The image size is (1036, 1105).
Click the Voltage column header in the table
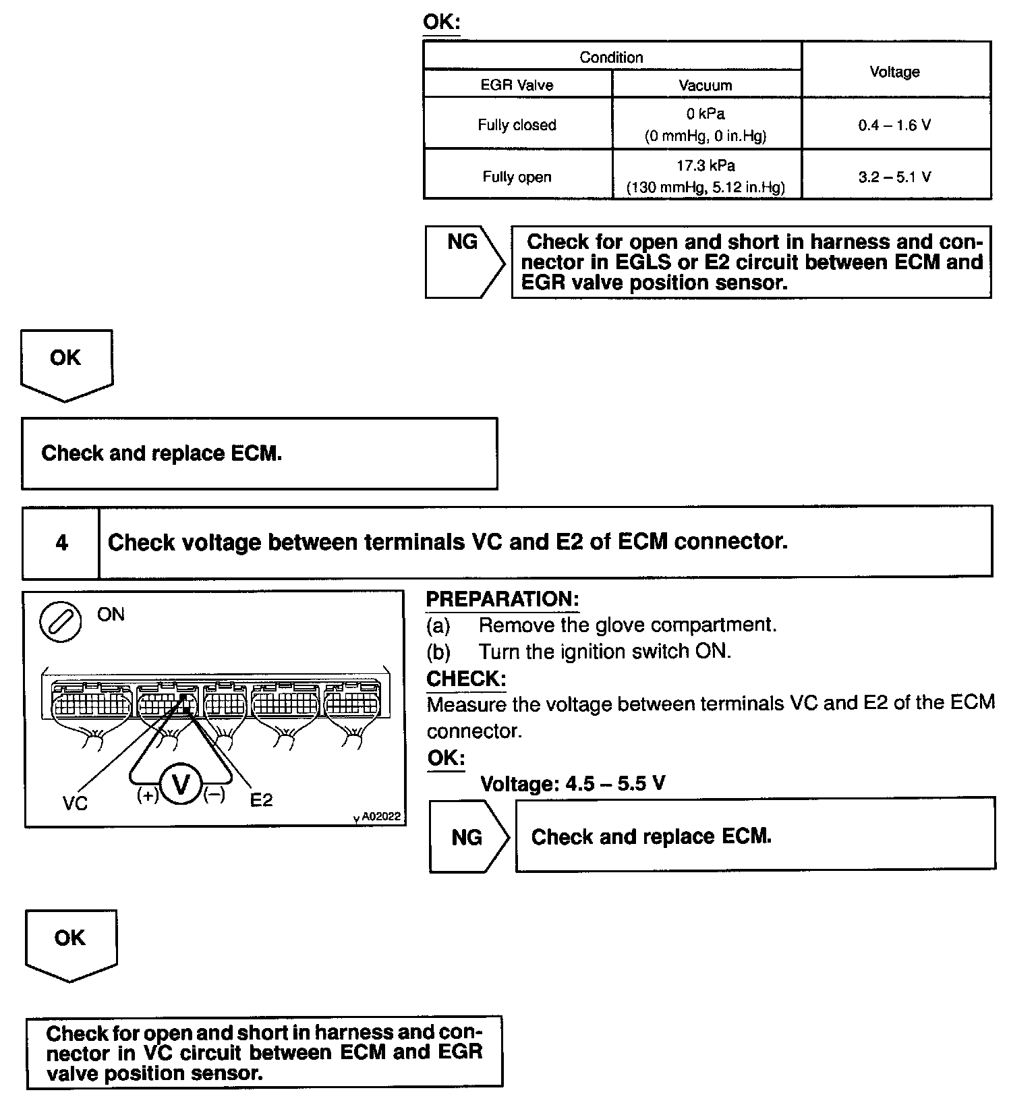(x=894, y=72)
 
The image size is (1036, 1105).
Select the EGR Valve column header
(x=517, y=85)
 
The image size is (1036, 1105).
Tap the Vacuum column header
(x=705, y=85)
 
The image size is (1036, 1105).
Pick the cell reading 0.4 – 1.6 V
(x=894, y=125)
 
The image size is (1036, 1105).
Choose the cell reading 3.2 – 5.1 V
(x=894, y=177)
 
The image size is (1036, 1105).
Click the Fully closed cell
(x=517, y=125)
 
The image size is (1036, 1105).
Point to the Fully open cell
(x=517, y=177)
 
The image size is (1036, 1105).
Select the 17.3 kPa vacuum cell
(x=706, y=175)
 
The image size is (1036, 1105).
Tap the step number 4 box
(x=61, y=542)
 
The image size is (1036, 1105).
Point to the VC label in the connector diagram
(x=75, y=803)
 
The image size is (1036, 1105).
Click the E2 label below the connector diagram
(x=261, y=800)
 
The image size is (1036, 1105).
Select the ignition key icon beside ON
(x=61, y=621)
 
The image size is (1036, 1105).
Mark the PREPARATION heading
(x=502, y=599)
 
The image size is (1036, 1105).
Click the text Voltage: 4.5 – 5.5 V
(x=573, y=783)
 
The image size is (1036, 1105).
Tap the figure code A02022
(x=380, y=816)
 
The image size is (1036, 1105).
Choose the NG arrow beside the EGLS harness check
(x=464, y=262)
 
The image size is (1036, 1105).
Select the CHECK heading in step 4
(x=466, y=678)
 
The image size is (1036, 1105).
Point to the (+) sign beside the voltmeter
(x=148, y=795)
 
